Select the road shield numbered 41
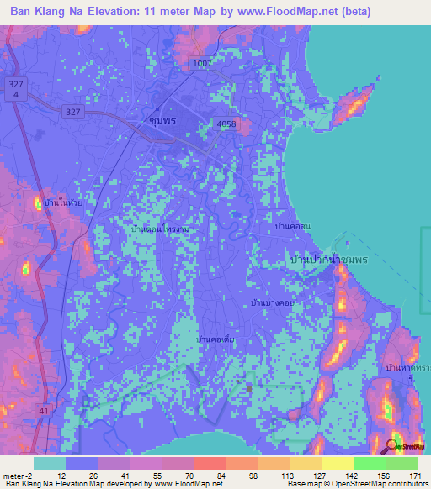click(41, 409)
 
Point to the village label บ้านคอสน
click(293, 228)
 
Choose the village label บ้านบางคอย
click(271, 301)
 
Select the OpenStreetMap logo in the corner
click(405, 445)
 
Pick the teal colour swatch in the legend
click(49, 463)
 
